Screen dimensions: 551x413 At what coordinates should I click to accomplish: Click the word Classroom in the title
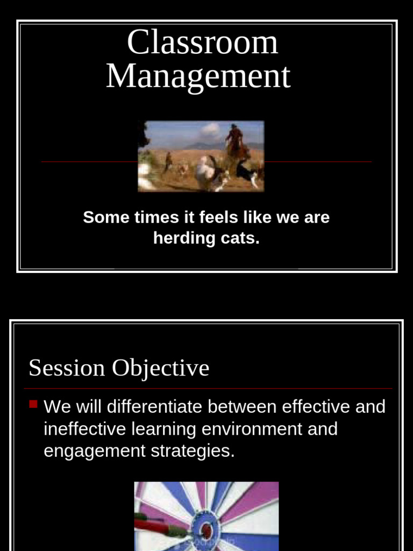point(202,43)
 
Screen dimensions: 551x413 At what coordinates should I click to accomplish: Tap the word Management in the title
point(198,76)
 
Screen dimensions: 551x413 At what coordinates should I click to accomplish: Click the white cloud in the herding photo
point(210,130)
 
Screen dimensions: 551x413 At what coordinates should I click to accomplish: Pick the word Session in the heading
point(67,368)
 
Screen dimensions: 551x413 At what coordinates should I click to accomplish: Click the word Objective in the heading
point(160,368)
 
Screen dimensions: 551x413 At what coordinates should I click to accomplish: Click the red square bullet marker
point(33,404)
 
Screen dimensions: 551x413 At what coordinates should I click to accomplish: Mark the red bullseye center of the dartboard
point(205,531)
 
